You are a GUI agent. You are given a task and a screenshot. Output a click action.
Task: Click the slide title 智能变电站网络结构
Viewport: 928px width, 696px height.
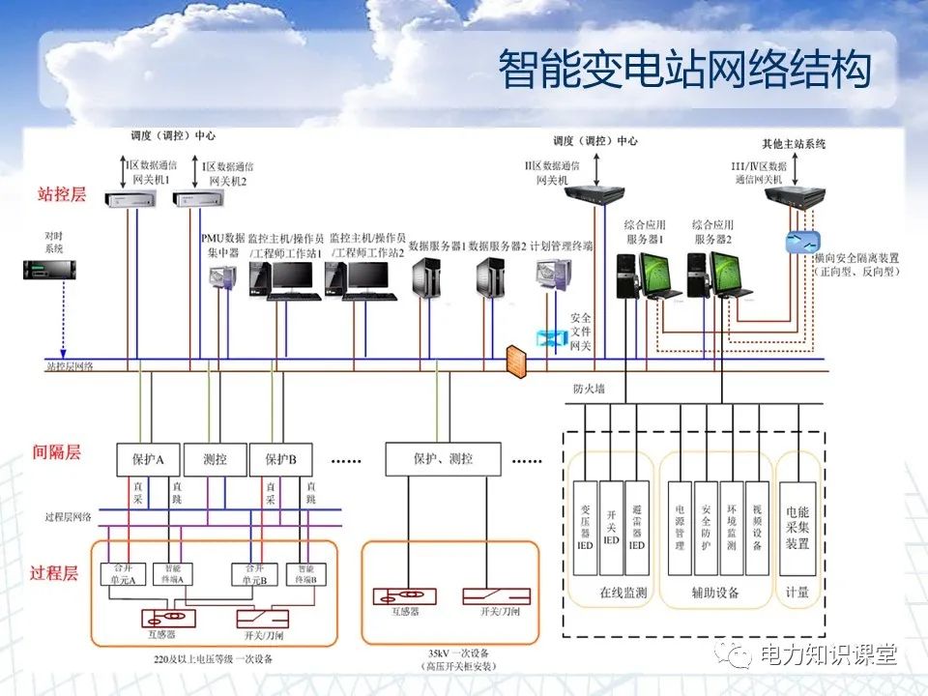pos(684,70)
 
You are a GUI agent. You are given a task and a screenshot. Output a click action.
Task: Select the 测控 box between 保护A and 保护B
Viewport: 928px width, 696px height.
pos(211,459)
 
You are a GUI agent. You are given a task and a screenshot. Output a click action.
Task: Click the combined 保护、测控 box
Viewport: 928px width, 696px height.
pos(443,459)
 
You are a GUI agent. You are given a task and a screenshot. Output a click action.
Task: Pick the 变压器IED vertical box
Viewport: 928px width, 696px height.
pos(585,530)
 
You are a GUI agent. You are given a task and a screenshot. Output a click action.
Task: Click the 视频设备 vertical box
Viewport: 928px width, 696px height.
pos(757,530)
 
